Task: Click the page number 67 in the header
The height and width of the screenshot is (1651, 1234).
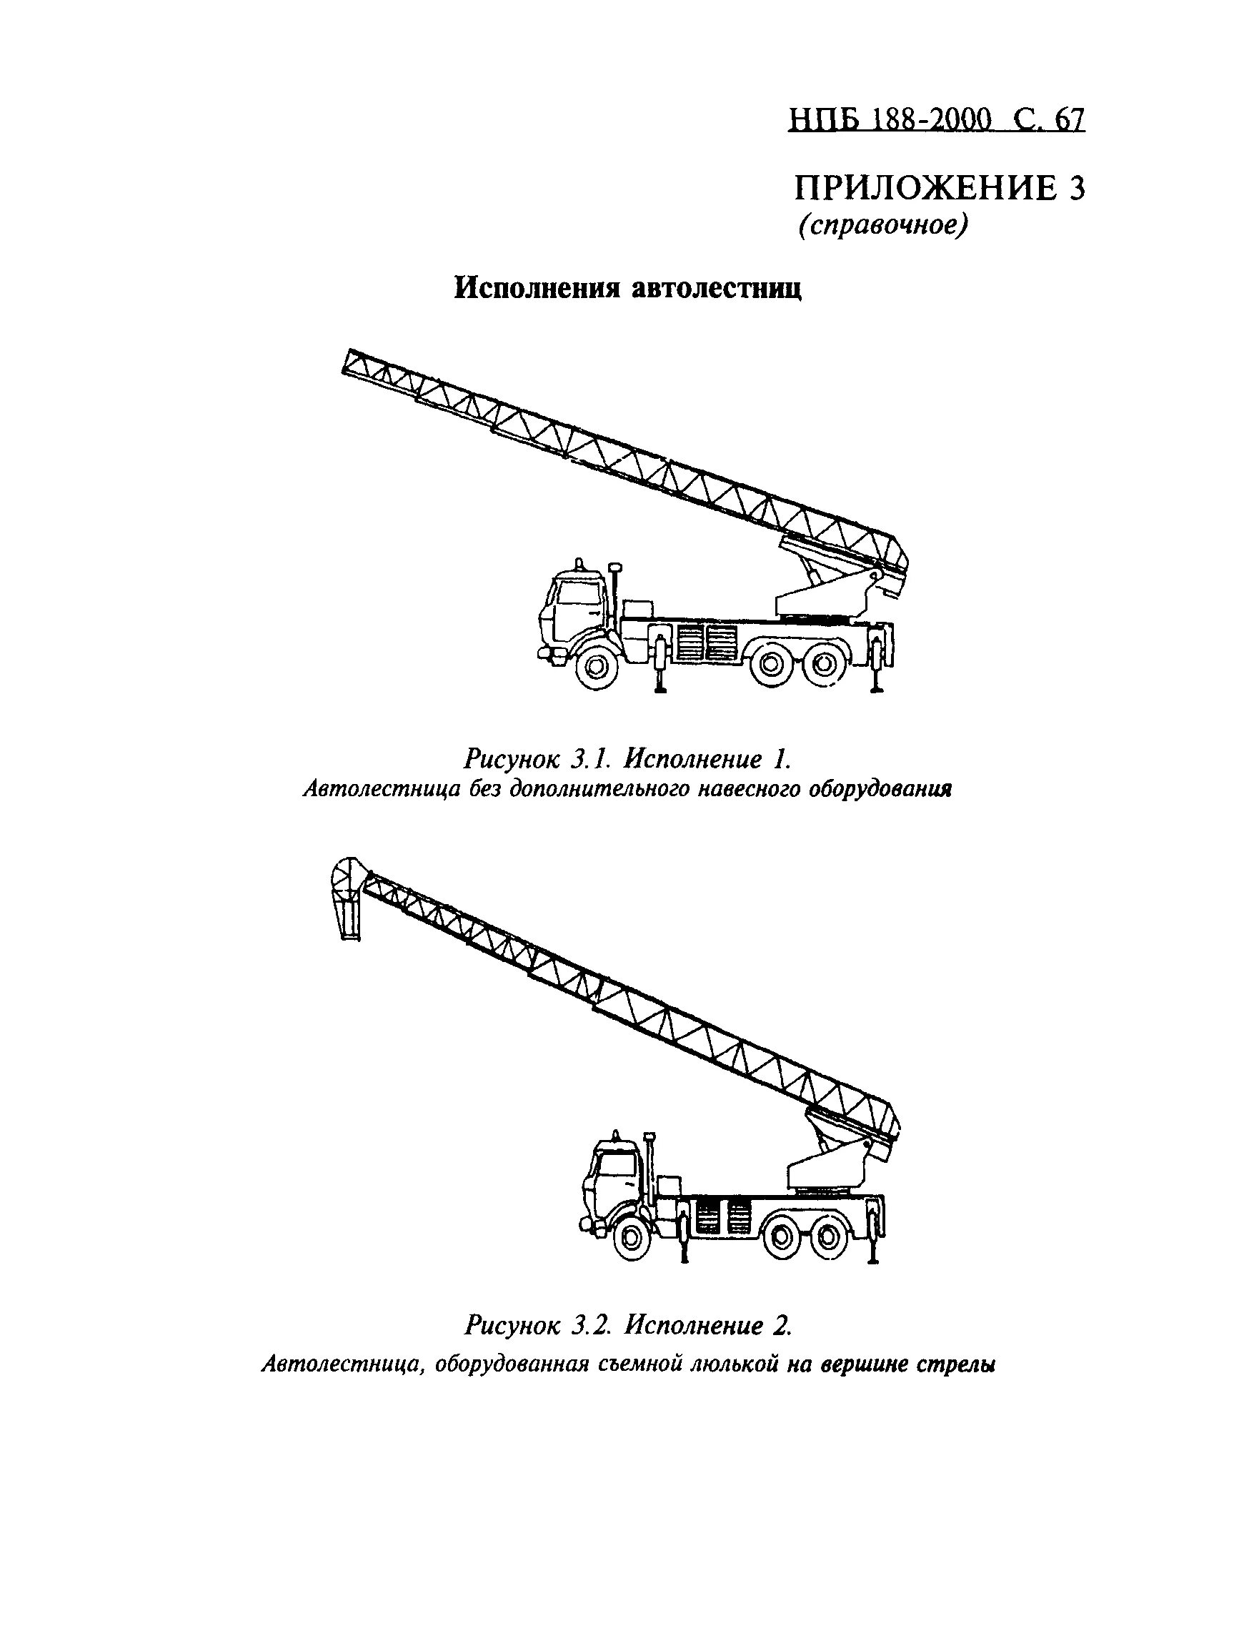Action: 1068,119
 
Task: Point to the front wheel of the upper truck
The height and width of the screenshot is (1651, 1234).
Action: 597,663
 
